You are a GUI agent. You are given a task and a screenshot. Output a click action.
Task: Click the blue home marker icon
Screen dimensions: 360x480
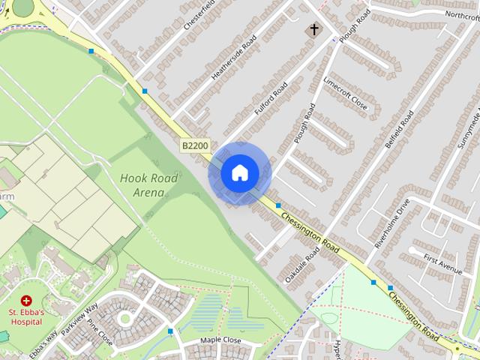[239, 173]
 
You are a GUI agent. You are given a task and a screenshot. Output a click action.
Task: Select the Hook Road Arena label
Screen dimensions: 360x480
[148, 184]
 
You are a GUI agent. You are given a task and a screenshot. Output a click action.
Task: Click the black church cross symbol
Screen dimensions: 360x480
[312, 30]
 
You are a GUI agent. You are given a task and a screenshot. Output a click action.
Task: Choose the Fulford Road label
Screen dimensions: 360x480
[271, 100]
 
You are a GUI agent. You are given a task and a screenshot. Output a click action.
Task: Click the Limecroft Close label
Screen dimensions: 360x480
[345, 92]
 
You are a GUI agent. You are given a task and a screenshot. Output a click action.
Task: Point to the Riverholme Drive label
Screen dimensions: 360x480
[393, 223]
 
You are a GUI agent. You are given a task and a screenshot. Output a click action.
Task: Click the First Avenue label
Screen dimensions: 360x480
[442, 263]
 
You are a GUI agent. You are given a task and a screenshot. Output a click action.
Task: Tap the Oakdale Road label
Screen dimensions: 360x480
[302, 266]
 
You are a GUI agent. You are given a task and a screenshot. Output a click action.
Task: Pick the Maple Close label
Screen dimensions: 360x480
[220, 340]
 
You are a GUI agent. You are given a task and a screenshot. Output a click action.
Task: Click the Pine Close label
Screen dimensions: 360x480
[100, 332]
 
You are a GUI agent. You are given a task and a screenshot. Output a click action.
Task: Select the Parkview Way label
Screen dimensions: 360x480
[80, 319]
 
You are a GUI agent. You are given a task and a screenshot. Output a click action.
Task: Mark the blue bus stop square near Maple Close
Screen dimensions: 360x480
[171, 331]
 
